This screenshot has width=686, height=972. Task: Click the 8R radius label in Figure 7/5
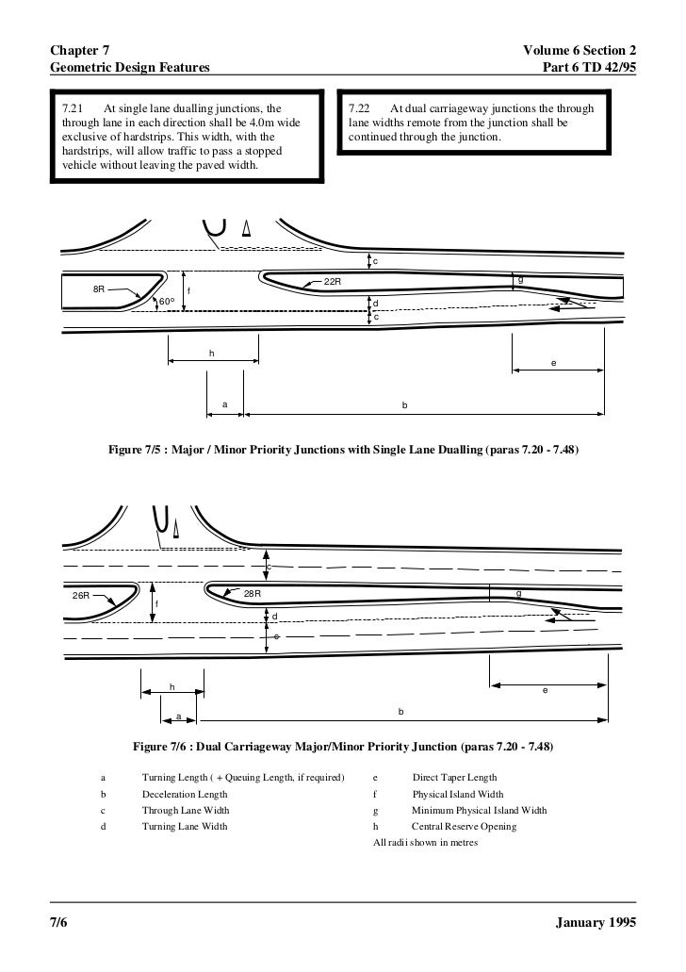tap(98, 288)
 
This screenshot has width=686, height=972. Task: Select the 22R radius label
tap(333, 282)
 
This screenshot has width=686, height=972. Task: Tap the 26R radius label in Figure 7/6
tap(81, 596)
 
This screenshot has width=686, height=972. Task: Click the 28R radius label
tap(253, 593)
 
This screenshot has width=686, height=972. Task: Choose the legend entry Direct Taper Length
tap(454, 779)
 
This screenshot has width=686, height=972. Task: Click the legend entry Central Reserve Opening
tap(464, 827)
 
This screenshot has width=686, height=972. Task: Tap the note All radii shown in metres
tap(426, 842)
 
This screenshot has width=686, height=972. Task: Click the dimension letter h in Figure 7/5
tap(212, 353)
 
